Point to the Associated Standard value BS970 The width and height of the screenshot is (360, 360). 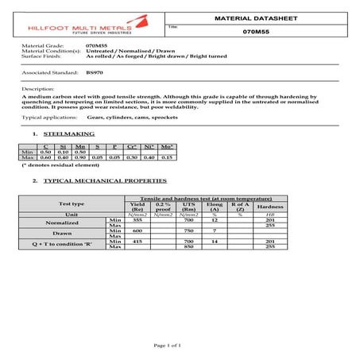(x=95, y=72)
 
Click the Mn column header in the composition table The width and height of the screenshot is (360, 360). (x=80, y=147)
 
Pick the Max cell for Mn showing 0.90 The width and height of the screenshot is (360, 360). (x=80, y=157)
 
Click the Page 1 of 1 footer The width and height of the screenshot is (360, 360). (x=180, y=346)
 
